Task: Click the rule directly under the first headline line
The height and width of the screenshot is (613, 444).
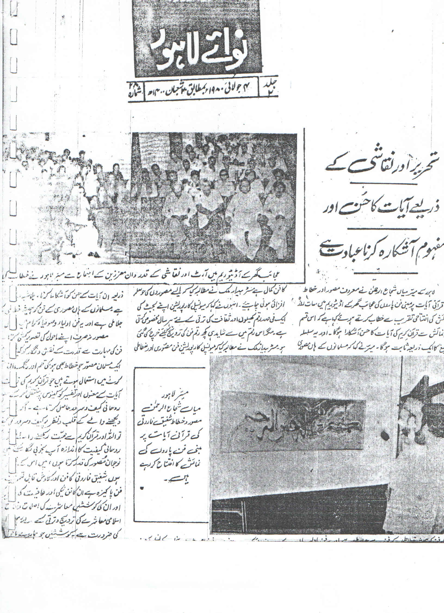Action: pyautogui.click(x=381, y=185)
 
